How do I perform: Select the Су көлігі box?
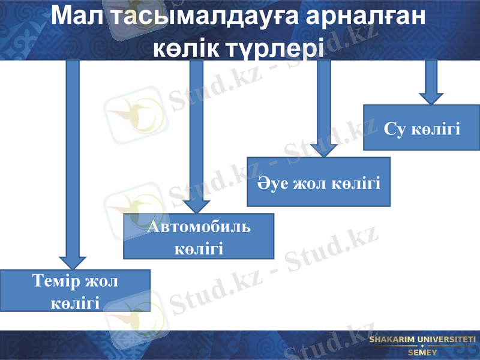pyautogui.click(x=422, y=128)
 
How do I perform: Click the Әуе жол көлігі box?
pyautogui.click(x=319, y=182)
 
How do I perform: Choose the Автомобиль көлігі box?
pyautogui.click(x=199, y=236)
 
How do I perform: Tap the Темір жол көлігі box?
pyautogui.click(x=75, y=290)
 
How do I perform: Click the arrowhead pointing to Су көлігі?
pyautogui.click(x=430, y=98)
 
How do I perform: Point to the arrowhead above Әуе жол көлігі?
pyautogui.click(x=324, y=148)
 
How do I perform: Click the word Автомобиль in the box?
pyautogui.click(x=199, y=227)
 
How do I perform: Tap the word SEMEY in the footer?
pyautogui.click(x=422, y=352)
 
